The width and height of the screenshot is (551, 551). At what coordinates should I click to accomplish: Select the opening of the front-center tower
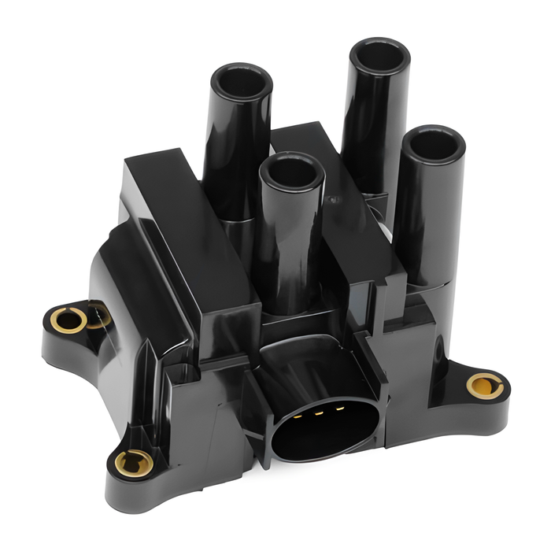coord(291,171)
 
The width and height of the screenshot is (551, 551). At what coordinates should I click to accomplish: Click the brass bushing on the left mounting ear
coord(68,320)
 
